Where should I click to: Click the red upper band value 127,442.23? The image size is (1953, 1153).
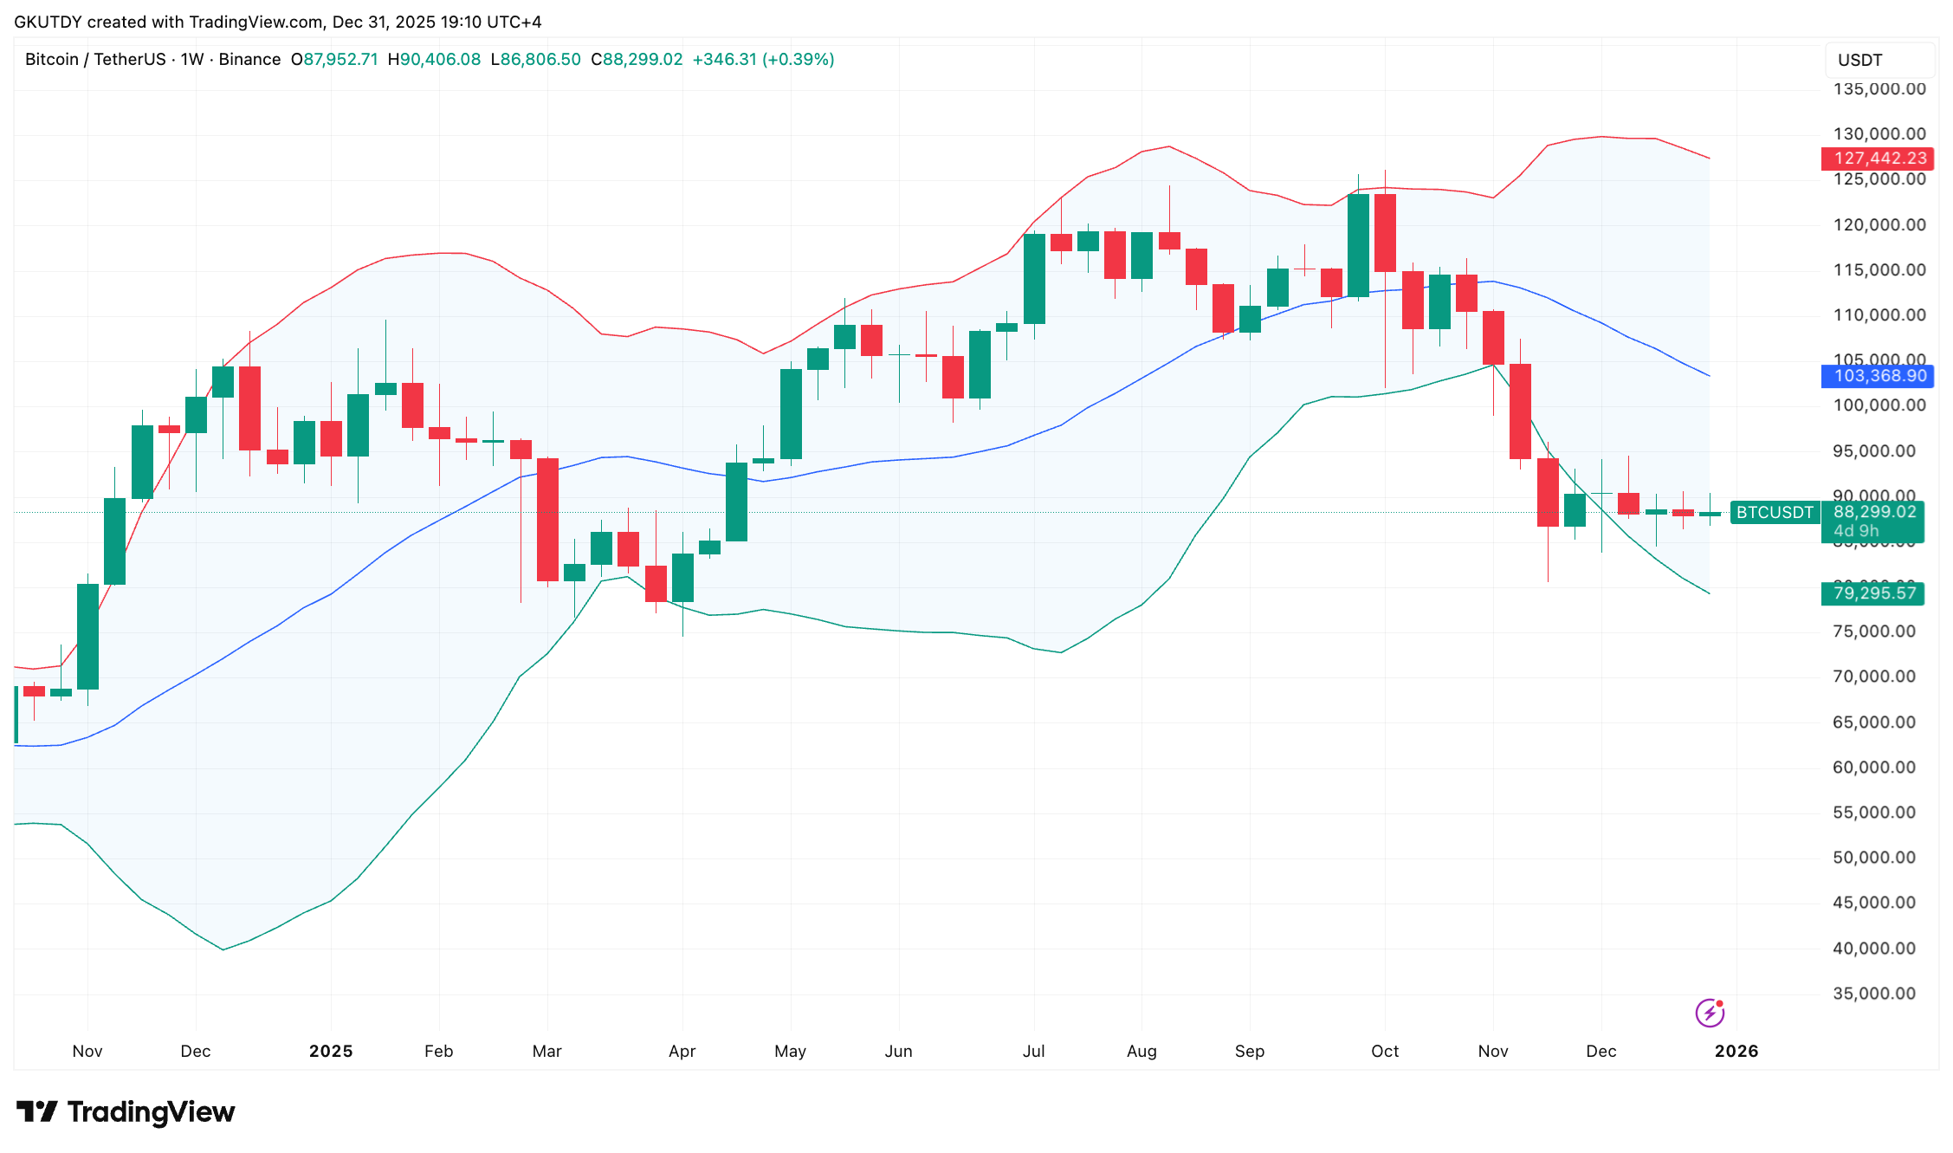pos(1877,159)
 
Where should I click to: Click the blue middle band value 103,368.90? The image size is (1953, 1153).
pos(1877,376)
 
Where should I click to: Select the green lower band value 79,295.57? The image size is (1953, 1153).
pos(1873,593)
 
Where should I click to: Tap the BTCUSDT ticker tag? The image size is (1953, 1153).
pos(1775,512)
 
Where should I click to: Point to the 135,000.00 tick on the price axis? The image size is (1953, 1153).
pos(1879,89)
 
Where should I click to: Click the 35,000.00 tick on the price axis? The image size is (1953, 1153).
pos(1873,994)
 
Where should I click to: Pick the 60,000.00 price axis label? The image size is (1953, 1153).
pos(1873,768)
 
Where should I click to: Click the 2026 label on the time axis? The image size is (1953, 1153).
pos(1736,1051)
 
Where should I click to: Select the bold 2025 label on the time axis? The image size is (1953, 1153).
pos(331,1051)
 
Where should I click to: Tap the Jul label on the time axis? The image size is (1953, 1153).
pos(1033,1051)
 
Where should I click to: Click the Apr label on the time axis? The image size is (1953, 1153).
pos(682,1051)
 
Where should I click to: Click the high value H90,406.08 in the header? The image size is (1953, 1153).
pos(434,60)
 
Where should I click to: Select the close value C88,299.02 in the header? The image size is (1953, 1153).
pos(637,60)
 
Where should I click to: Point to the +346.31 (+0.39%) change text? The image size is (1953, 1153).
pos(763,60)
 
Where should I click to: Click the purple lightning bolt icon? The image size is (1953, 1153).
pos(1710,1012)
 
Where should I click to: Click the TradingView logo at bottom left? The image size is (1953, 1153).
pos(126,1111)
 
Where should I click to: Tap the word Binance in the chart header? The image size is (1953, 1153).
pos(249,60)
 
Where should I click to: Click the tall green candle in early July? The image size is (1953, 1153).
pos(1034,279)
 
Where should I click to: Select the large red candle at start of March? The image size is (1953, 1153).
pos(547,520)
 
